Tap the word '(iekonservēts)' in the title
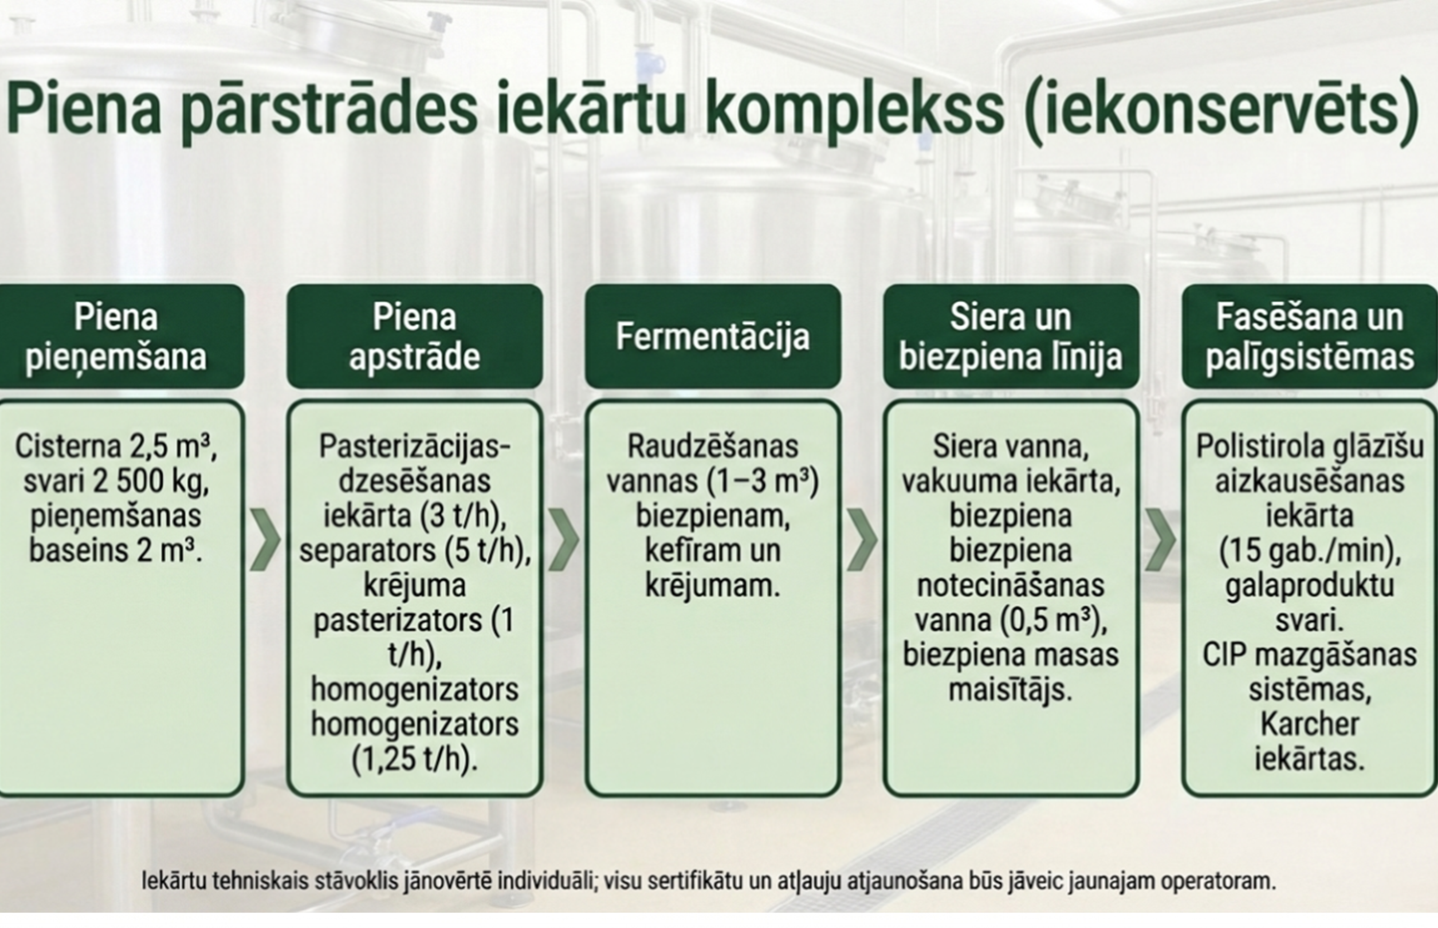(x=1220, y=109)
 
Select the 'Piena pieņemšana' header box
(x=116, y=336)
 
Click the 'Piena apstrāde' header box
(x=414, y=336)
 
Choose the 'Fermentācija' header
(x=712, y=336)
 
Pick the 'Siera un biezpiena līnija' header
(x=1010, y=336)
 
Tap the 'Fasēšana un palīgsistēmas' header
(x=1310, y=336)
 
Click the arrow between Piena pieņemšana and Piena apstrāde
(x=265, y=540)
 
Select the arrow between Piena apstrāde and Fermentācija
(x=564, y=540)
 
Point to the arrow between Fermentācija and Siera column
(x=862, y=540)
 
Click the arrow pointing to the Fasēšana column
(x=1160, y=540)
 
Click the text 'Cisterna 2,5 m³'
(x=115, y=446)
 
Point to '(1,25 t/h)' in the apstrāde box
(x=414, y=758)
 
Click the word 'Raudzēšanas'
(x=712, y=446)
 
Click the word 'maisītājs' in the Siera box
(x=1010, y=689)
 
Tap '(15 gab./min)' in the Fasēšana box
(x=1310, y=550)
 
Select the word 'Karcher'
(x=1310, y=724)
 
